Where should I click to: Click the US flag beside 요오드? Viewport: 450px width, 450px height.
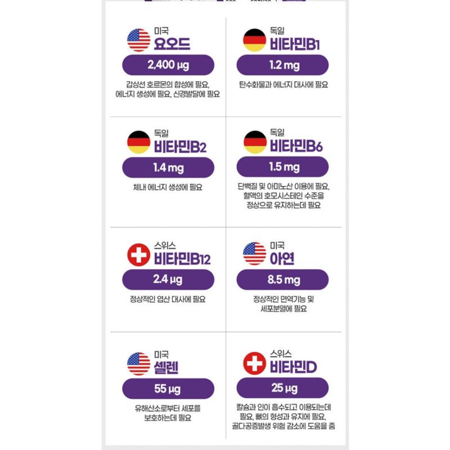[139, 40]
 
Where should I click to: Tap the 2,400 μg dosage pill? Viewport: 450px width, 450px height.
[168, 65]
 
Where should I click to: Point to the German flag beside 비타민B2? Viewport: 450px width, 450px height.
[139, 142]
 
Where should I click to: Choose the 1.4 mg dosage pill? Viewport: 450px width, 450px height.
[168, 168]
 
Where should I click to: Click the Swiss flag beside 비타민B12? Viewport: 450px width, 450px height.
[139, 254]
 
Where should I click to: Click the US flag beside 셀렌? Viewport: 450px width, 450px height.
[139, 363]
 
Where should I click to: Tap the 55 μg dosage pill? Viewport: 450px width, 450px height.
[168, 389]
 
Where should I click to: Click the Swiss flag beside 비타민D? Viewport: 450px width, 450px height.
[254, 363]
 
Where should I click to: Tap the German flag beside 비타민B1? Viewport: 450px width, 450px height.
[254, 40]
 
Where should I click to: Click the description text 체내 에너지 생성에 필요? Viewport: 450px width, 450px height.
[168, 188]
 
